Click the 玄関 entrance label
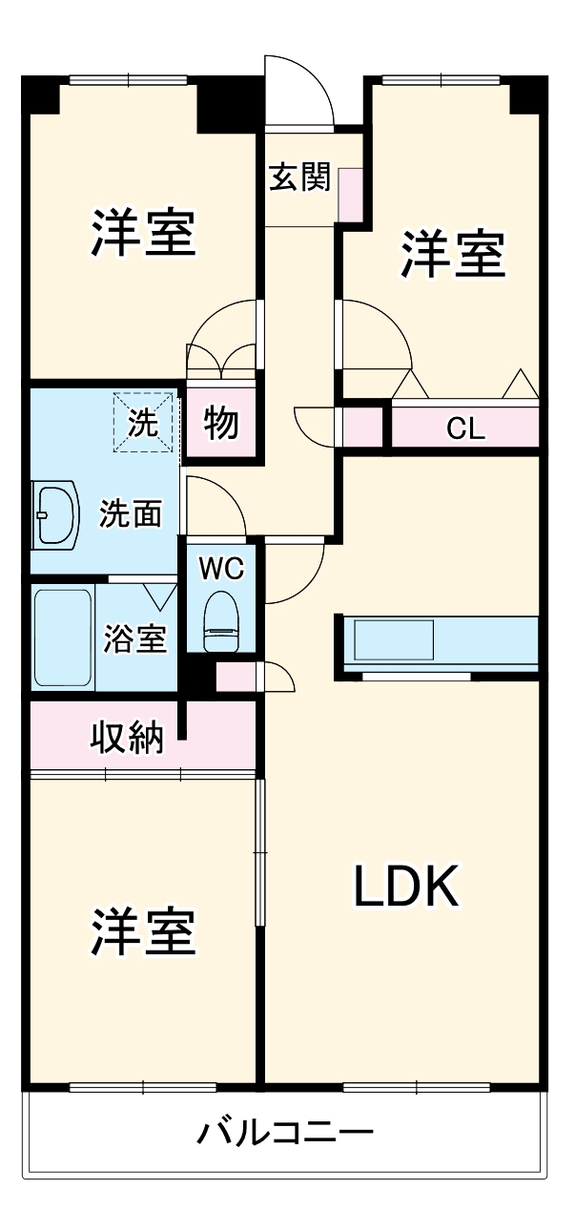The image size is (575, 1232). coord(299,177)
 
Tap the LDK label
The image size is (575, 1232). coord(407,887)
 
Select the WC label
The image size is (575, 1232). coord(221,569)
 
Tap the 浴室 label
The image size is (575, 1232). coord(136,638)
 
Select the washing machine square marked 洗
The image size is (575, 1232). coord(145,423)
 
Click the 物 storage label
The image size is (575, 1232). coord(221,423)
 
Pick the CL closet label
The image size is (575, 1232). coord(465,428)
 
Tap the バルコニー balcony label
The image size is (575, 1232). coord(284,1134)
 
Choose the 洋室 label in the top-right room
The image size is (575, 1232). coord(452,254)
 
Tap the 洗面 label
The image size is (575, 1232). coord(131,514)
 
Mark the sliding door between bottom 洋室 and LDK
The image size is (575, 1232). coord(259,851)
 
